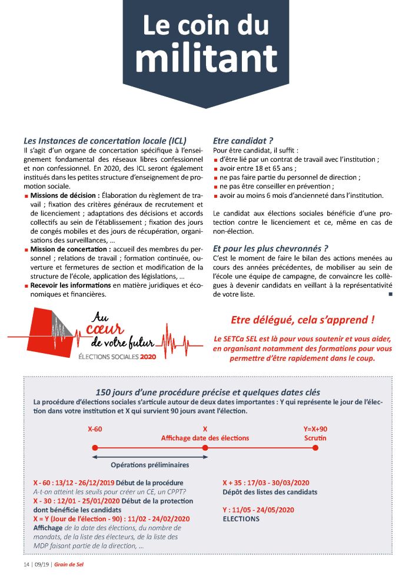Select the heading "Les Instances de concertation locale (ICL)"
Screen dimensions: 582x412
coord(105,141)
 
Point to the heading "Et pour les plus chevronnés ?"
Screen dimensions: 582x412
coord(270,248)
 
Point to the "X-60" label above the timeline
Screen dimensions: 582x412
coord(95,429)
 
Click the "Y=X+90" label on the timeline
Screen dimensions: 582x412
coord(315,429)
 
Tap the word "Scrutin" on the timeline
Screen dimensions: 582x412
coord(315,438)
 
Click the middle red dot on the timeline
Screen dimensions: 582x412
coord(205,448)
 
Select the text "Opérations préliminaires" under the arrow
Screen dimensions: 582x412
coord(150,465)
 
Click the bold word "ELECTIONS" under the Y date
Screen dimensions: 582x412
coord(241,519)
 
